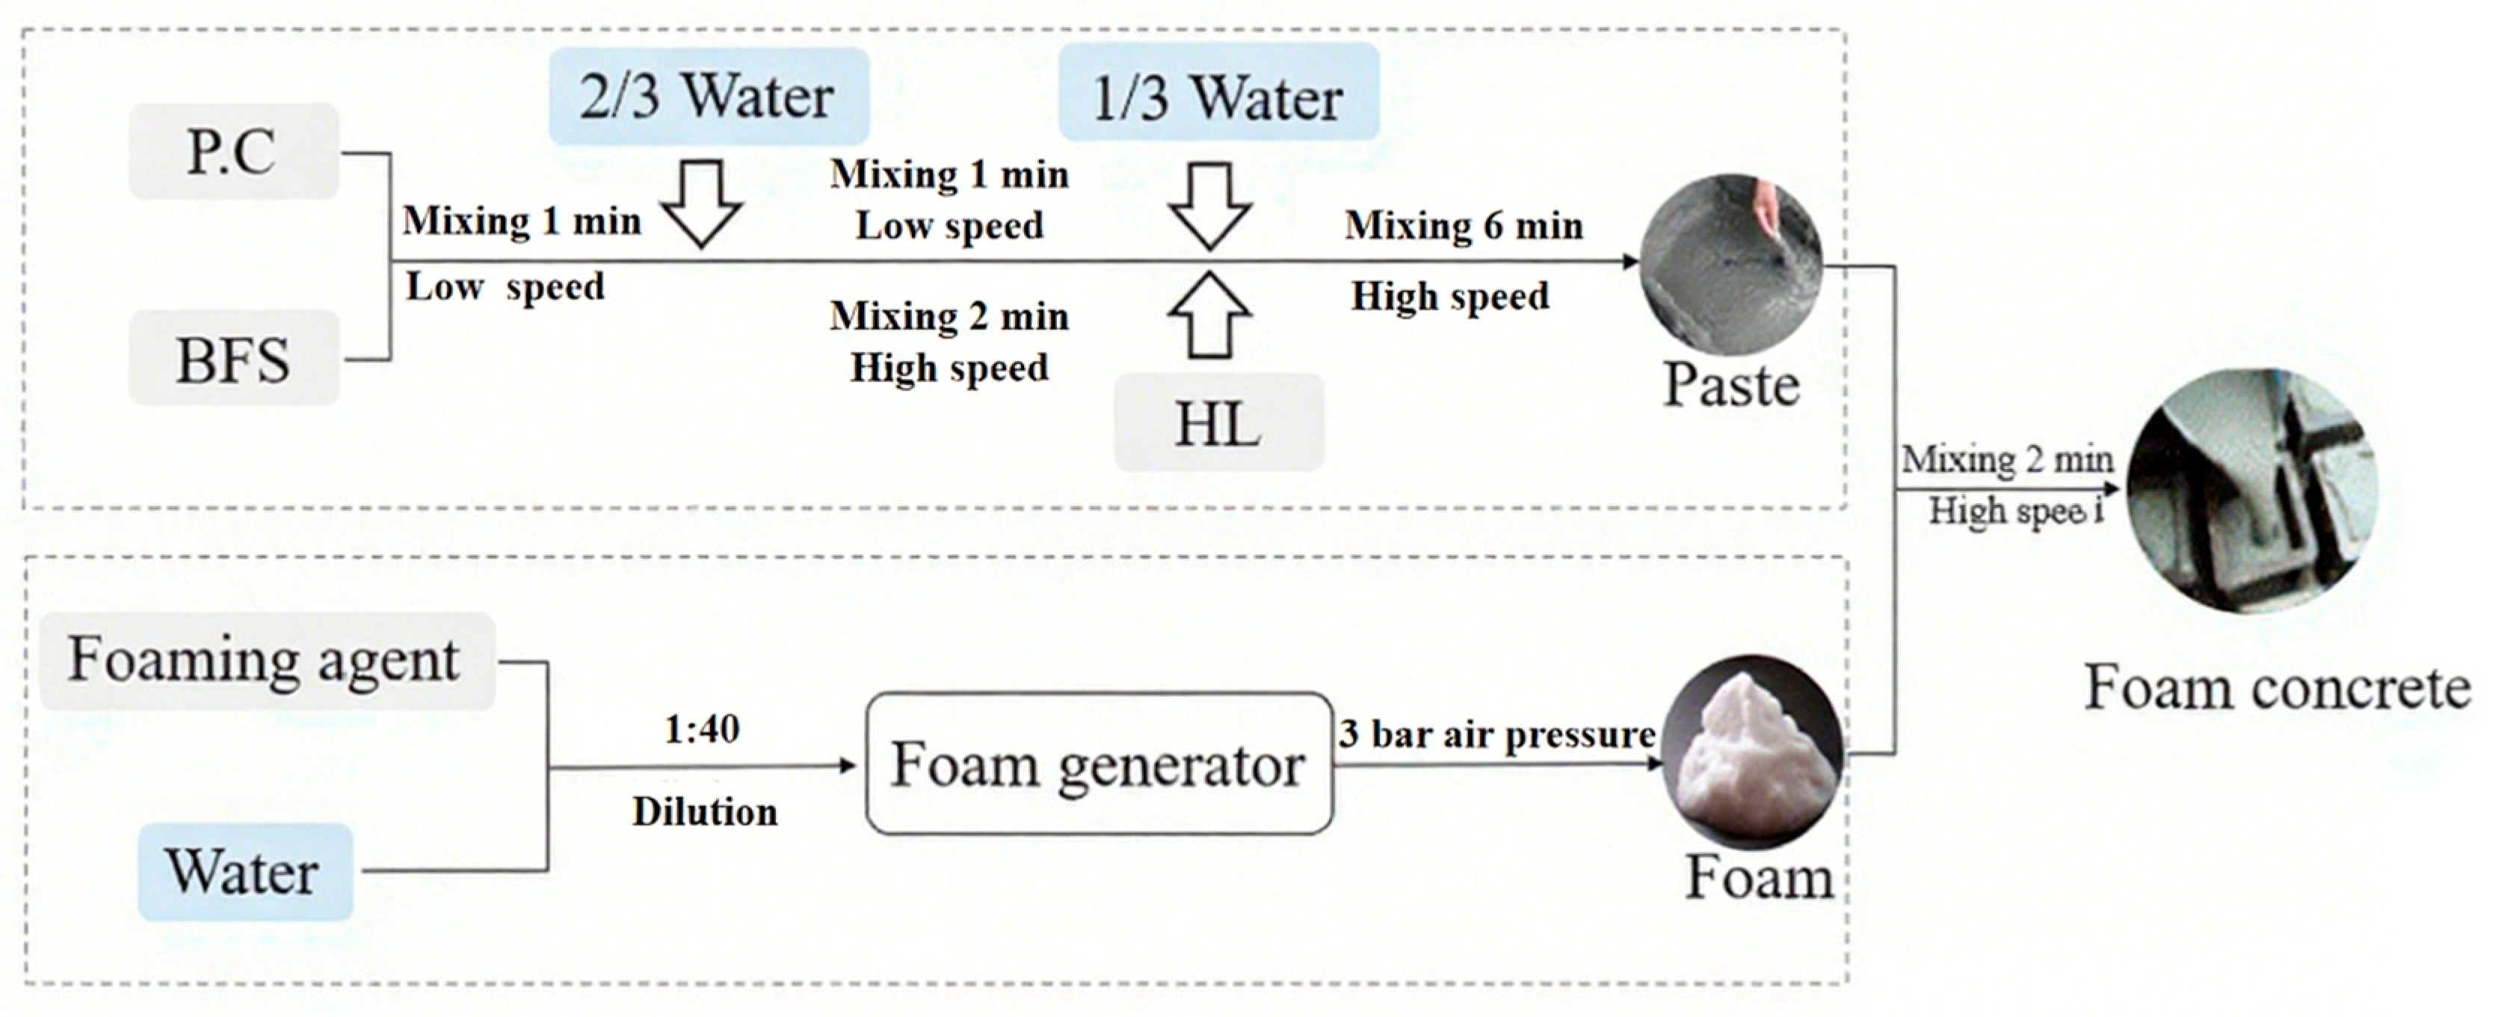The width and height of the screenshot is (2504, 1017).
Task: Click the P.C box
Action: click(233, 152)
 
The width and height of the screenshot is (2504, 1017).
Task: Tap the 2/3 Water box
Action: click(708, 96)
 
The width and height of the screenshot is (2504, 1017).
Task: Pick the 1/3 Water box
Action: click(1218, 97)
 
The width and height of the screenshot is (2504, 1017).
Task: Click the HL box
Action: click(1218, 424)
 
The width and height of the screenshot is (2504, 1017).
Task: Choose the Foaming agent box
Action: click(265, 661)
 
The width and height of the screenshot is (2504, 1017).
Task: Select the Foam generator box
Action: click(1099, 764)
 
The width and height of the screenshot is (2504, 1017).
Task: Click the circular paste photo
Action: click(1730, 265)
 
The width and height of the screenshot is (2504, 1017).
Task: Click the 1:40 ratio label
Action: click(702, 728)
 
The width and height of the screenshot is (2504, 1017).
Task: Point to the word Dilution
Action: click(705, 812)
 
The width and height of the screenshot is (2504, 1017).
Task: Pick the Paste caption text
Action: click(1731, 385)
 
